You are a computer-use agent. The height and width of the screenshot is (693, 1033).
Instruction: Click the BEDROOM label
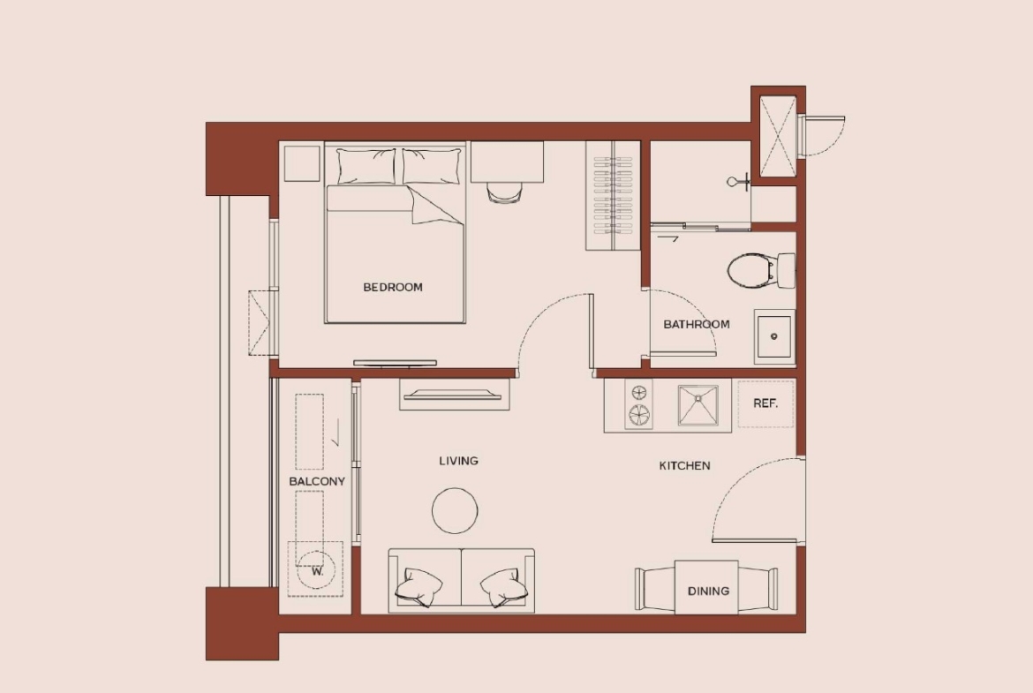click(x=393, y=287)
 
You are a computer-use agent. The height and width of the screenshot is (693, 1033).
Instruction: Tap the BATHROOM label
click(x=697, y=324)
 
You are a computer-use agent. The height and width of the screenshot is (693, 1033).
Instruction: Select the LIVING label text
click(x=458, y=461)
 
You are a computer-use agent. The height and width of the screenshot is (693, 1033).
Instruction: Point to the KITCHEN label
click(x=684, y=466)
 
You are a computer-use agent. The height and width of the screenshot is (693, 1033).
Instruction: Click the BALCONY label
click(x=317, y=481)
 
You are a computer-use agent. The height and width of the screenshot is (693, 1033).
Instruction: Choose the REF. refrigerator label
click(x=765, y=403)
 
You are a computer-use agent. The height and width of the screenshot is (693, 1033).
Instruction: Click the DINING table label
click(x=708, y=591)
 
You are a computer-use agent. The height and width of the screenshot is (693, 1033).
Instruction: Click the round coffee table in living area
click(x=456, y=510)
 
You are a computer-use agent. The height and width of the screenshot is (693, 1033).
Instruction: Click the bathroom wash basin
click(x=774, y=336)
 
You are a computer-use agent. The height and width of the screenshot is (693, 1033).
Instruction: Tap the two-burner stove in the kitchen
click(x=638, y=404)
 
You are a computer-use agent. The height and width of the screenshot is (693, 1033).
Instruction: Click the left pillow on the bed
click(x=366, y=166)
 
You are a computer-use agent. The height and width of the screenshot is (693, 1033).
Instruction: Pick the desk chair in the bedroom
click(x=505, y=193)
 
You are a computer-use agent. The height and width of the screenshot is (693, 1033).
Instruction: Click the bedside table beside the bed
click(x=302, y=163)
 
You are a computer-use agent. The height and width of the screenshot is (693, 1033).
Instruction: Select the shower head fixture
click(x=739, y=181)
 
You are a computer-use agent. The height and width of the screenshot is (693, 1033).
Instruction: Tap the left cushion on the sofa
click(x=418, y=586)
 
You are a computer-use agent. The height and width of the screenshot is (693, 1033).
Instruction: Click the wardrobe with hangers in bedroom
click(x=613, y=196)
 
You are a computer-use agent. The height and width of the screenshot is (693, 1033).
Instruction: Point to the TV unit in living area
click(x=455, y=395)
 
